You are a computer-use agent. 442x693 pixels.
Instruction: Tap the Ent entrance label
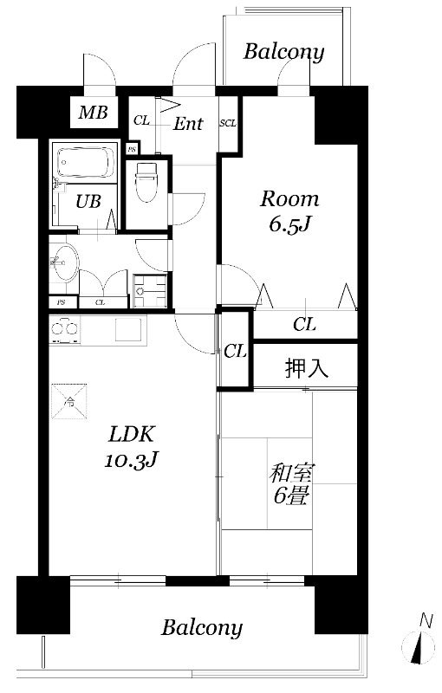pyautogui.click(x=187, y=123)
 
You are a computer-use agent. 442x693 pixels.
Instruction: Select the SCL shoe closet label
pyautogui.click(x=229, y=123)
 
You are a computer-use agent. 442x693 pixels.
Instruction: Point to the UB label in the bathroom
pyautogui.click(x=88, y=201)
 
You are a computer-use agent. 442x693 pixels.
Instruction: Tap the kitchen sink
pyautogui.click(x=127, y=328)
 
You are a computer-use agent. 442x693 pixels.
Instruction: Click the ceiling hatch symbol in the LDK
pyautogui.click(x=69, y=401)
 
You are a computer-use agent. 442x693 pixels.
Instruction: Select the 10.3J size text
pyautogui.click(x=131, y=459)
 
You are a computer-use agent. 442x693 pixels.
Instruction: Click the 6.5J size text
pyautogui.click(x=290, y=227)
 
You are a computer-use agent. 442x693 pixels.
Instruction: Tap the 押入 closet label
pyautogui.click(x=306, y=368)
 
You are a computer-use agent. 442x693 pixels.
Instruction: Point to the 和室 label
pyautogui.click(x=292, y=473)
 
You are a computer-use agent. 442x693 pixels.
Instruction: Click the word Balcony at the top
pyautogui.click(x=283, y=52)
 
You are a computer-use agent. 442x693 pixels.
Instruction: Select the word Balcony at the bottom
pyautogui.click(x=202, y=627)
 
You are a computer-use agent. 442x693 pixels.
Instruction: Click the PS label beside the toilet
pyautogui.click(x=132, y=148)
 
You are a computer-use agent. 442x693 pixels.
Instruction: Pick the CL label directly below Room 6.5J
pyautogui.click(x=303, y=325)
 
